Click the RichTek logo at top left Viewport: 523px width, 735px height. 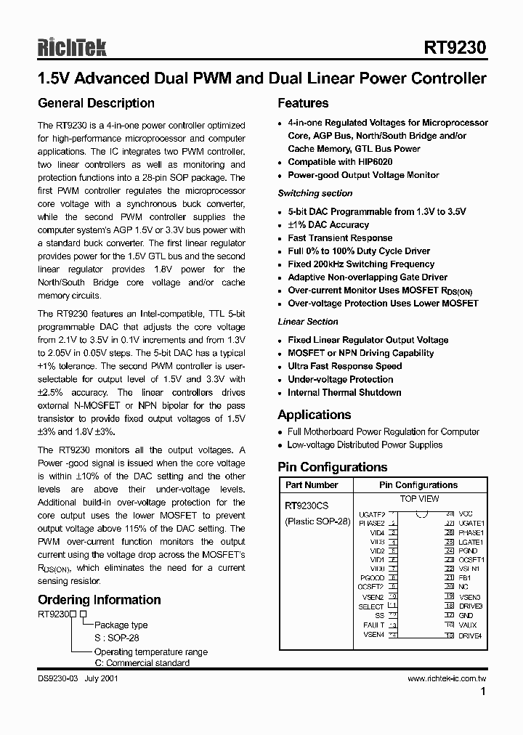click(72, 47)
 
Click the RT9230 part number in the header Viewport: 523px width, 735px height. click(455, 48)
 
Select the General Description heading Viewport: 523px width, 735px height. click(96, 103)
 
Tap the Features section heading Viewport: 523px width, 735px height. click(303, 103)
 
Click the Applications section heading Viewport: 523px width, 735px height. click(314, 415)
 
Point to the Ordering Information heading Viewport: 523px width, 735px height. click(99, 600)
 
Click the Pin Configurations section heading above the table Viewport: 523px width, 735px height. click(333, 467)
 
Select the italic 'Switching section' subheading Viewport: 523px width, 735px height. click(315, 193)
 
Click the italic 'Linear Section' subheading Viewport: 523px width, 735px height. click(307, 322)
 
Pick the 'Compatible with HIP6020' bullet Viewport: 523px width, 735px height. click(339, 162)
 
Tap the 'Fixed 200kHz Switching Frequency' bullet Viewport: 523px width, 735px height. click(361, 264)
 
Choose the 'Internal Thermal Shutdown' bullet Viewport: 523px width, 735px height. click(344, 392)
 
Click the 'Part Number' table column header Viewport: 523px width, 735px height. click(312, 485)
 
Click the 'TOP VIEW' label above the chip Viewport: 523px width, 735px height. click(419, 499)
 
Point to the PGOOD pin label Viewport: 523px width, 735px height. click(372, 578)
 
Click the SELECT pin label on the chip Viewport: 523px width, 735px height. click(371, 606)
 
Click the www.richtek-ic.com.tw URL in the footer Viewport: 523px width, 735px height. click(446, 679)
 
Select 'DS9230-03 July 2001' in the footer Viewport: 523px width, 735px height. click(77, 679)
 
